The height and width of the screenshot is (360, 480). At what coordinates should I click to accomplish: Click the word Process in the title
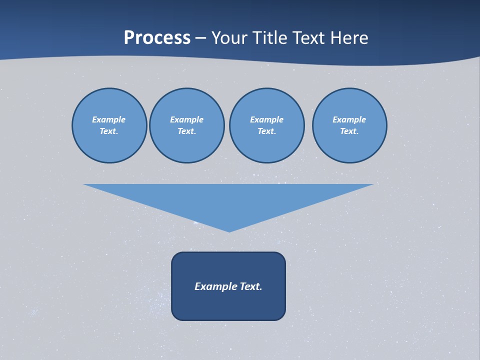pyautogui.click(x=157, y=38)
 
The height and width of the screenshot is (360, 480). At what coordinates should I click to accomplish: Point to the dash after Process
pyautogui.click(x=201, y=38)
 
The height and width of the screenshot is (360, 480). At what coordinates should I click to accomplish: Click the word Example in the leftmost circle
pyautogui.click(x=109, y=119)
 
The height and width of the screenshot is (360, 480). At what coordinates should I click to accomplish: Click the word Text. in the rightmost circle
pyautogui.click(x=349, y=131)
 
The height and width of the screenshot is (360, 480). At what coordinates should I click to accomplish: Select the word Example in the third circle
pyautogui.click(x=266, y=119)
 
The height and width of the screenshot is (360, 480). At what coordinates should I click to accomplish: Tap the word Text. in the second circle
pyautogui.click(x=186, y=131)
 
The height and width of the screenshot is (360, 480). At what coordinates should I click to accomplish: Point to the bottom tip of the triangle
pyautogui.click(x=229, y=231)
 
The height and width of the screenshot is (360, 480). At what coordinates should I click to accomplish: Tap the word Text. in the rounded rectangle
pyautogui.click(x=251, y=286)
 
